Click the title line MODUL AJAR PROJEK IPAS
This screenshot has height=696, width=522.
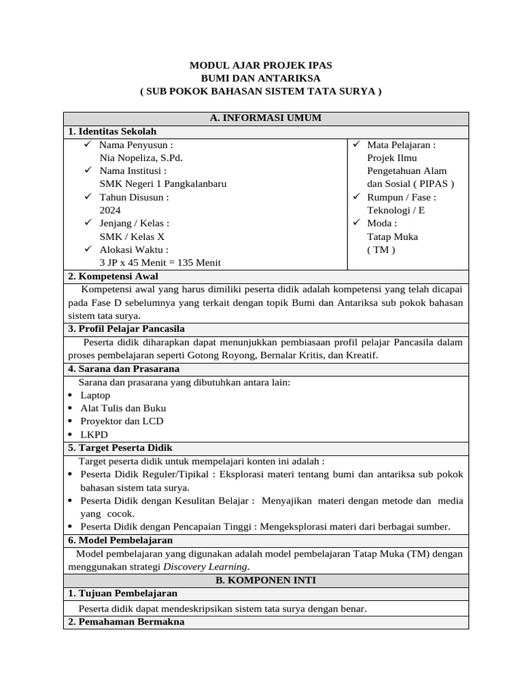coord(261,65)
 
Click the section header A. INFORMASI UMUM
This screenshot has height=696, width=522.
coord(266,118)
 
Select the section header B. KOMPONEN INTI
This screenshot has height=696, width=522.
coord(266,580)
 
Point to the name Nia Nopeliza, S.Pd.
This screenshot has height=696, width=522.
coord(141,158)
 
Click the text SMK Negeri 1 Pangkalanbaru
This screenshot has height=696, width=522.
coord(163,184)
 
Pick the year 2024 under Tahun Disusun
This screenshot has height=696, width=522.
coord(110,210)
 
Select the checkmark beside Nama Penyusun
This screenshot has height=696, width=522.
coord(87,145)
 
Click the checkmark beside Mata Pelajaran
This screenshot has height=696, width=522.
coord(358,145)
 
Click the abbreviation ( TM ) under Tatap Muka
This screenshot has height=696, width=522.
coord(381,249)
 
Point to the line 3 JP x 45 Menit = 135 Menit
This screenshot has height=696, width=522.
coord(160,262)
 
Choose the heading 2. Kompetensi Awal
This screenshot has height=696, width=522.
coord(113,276)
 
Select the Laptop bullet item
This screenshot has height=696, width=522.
coord(95,395)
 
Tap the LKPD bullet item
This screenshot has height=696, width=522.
coord(94,434)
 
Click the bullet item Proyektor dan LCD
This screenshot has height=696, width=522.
coord(122,421)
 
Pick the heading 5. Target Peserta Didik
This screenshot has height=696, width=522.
coord(120,448)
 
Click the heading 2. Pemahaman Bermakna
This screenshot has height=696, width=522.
coord(126,622)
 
